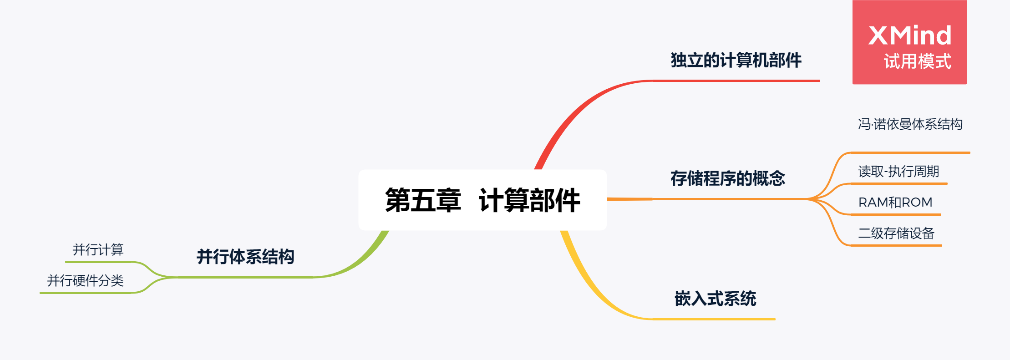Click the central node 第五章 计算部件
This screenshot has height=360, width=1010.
(482, 200)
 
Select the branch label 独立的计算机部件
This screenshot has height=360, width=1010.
(736, 60)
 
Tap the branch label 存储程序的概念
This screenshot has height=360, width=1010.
(728, 178)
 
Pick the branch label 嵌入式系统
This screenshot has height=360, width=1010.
(715, 299)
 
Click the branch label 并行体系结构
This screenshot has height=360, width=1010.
(245, 257)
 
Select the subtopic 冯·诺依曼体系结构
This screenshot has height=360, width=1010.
(910, 124)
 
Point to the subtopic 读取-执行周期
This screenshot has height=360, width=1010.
(898, 171)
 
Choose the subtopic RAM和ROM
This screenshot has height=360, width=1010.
(895, 202)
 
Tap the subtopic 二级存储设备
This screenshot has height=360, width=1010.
(896, 233)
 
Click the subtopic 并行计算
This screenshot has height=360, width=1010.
(98, 249)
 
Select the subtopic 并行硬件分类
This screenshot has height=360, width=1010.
(86, 280)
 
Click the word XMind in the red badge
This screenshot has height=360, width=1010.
(909, 35)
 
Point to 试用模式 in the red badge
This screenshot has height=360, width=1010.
(917, 61)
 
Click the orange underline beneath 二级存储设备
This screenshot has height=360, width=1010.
(896, 245)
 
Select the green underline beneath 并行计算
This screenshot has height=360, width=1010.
(98, 262)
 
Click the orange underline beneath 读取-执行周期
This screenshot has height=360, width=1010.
(899, 183)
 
